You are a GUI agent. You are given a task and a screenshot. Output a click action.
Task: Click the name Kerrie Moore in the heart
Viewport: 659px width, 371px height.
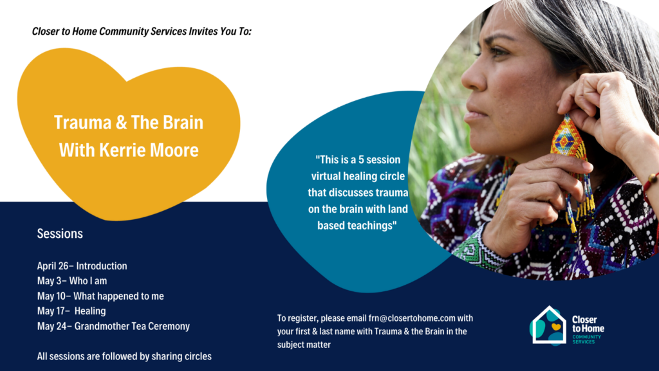tap(149, 150)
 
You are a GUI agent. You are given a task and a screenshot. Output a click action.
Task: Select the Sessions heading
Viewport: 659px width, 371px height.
tap(60, 233)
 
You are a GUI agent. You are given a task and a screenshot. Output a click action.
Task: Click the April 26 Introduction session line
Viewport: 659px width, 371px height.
tap(82, 266)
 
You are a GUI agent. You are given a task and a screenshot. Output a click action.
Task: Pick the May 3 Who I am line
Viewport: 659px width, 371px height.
tap(72, 281)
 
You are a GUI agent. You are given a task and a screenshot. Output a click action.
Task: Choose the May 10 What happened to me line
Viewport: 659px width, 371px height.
tap(100, 296)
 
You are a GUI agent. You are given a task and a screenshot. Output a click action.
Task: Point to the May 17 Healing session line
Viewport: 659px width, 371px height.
tap(71, 311)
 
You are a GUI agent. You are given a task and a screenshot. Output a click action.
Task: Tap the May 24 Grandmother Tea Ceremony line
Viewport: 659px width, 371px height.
tap(113, 326)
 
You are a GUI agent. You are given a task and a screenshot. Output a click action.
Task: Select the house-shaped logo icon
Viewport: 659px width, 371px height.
tap(548, 326)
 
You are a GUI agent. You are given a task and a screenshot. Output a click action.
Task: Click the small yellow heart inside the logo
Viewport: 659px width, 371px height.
tap(556, 326)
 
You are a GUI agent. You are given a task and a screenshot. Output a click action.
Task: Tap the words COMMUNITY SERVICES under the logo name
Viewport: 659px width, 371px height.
tap(587, 339)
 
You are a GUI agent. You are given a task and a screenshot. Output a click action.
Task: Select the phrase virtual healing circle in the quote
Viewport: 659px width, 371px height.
tap(358, 176)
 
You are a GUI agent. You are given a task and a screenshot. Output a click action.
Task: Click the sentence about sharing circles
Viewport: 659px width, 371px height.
tap(124, 356)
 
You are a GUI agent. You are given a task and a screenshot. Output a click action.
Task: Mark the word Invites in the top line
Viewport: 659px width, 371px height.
tap(203, 31)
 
